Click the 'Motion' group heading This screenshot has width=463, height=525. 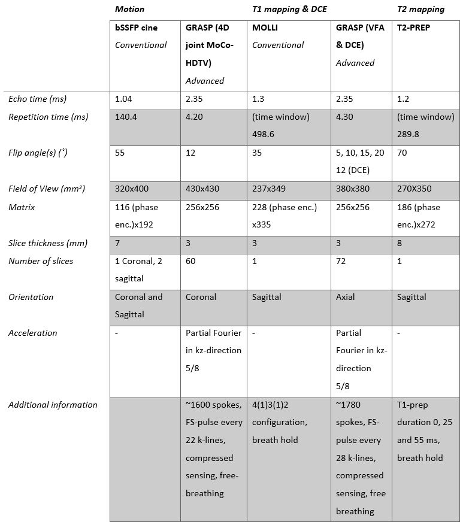(x=129, y=9)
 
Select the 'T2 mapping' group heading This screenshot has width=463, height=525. (x=420, y=9)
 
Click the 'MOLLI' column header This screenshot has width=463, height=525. (x=265, y=27)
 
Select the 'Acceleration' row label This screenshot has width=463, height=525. (x=33, y=333)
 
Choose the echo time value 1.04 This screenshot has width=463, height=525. (x=124, y=99)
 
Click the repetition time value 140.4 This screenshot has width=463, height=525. (x=126, y=117)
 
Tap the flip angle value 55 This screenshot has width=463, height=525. (x=120, y=153)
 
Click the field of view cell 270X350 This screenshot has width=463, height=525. (x=414, y=189)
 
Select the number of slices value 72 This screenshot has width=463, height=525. (x=341, y=261)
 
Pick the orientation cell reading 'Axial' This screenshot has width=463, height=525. (x=346, y=297)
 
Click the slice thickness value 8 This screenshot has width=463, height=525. (x=400, y=243)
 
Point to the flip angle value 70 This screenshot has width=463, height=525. (x=402, y=153)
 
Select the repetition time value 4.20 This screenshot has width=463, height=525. (x=194, y=117)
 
